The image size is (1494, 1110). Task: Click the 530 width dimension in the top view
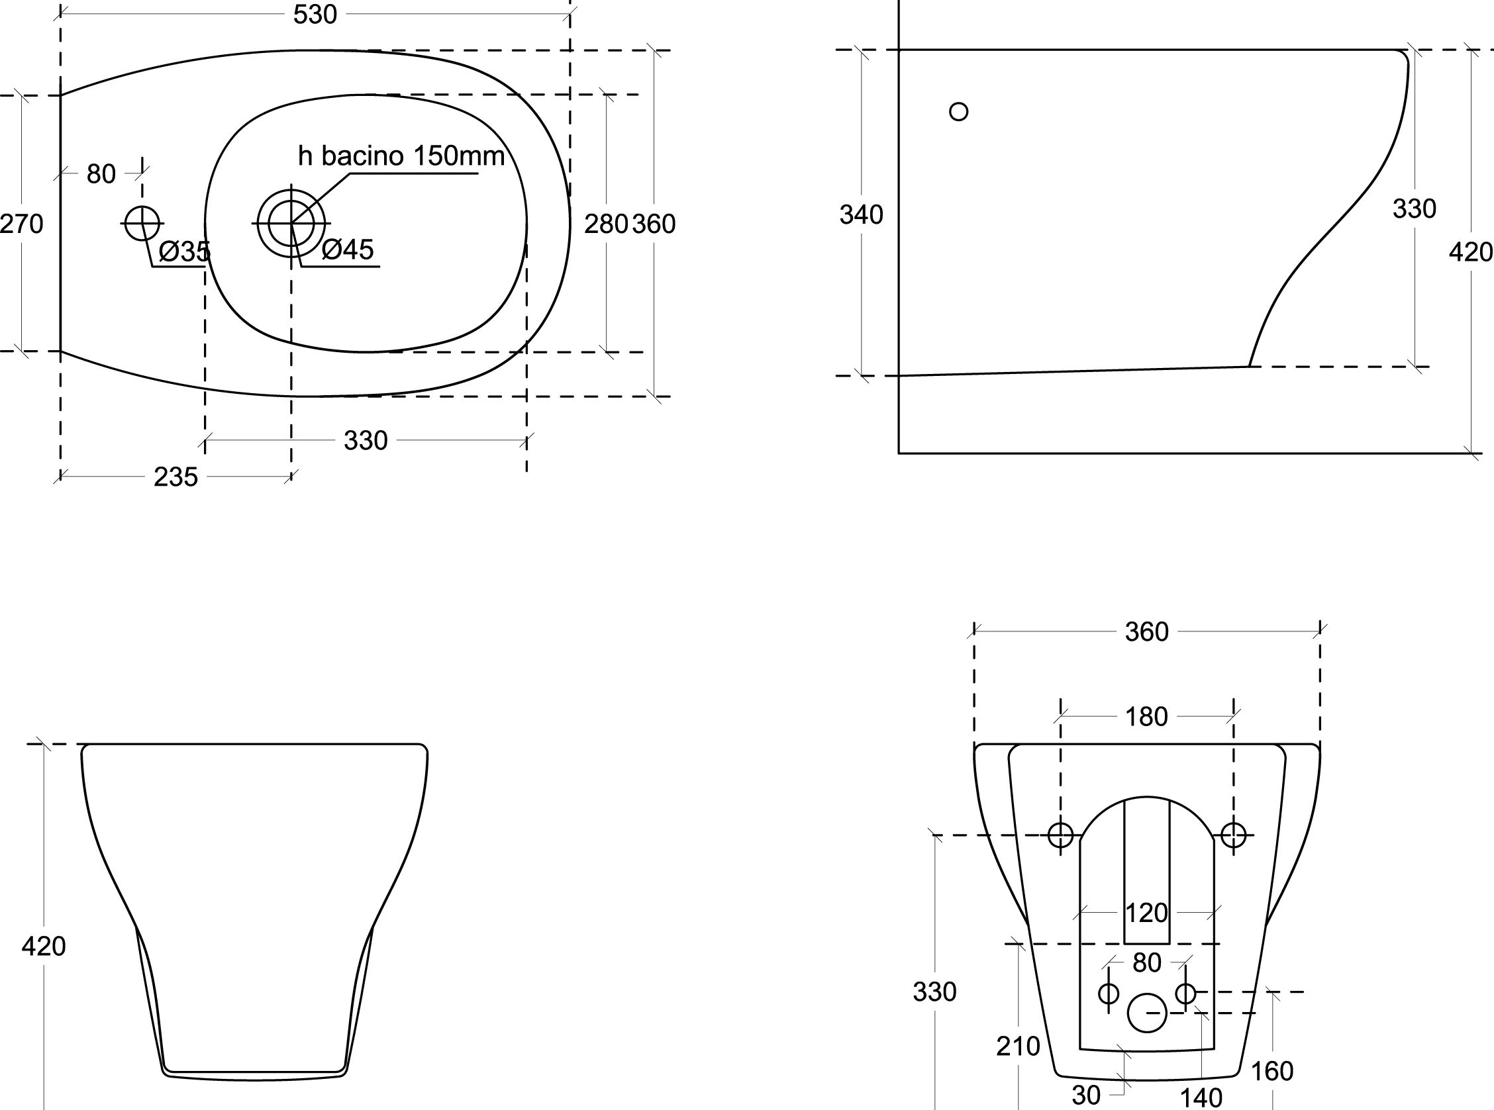pyautogui.click(x=315, y=14)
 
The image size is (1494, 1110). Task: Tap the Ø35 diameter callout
pyautogui.click(x=185, y=252)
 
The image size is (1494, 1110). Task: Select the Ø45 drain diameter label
pyautogui.click(x=348, y=250)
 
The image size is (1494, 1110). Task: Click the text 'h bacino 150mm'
pyautogui.click(x=401, y=156)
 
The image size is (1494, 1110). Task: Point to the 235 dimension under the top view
pyautogui.click(x=175, y=477)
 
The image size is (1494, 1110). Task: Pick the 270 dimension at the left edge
pyautogui.click(x=21, y=224)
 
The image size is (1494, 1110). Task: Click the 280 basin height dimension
pyautogui.click(x=605, y=224)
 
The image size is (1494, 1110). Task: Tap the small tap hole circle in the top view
pyautogui.click(x=142, y=223)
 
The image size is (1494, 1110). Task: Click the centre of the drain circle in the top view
pyautogui.click(x=291, y=222)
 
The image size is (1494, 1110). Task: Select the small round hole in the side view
pyautogui.click(x=959, y=112)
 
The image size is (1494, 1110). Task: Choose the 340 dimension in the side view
pyautogui.click(x=861, y=215)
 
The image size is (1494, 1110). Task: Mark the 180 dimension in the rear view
pyautogui.click(x=1146, y=717)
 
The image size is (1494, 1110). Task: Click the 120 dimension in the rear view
pyautogui.click(x=1146, y=913)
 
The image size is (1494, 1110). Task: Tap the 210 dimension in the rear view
pyautogui.click(x=1018, y=1046)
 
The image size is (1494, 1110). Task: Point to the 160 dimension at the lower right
pyautogui.click(x=1272, y=1071)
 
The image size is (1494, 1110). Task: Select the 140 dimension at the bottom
pyautogui.click(x=1202, y=1098)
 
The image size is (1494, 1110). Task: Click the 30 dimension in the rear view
pyautogui.click(x=1086, y=1095)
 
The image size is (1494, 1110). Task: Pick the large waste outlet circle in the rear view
pyautogui.click(x=1147, y=1013)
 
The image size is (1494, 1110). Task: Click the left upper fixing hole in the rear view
pyautogui.click(x=1061, y=835)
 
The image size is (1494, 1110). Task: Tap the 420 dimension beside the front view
pyautogui.click(x=44, y=946)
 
